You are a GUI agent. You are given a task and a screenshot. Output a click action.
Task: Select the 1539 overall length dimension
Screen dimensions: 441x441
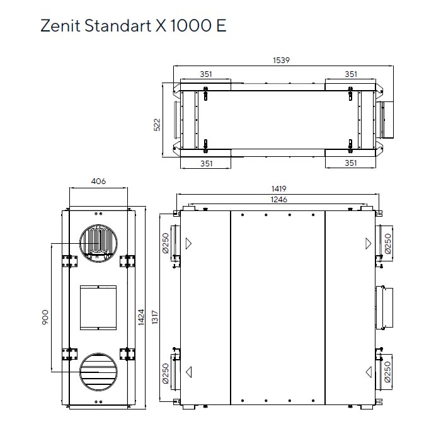point(281,60)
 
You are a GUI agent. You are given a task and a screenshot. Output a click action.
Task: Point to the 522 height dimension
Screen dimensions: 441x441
point(158,124)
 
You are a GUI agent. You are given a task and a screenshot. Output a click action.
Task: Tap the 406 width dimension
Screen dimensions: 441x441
point(98,181)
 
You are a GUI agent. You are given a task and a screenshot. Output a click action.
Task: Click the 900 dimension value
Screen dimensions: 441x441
point(45,317)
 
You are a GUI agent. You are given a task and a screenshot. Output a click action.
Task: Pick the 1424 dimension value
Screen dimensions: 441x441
point(141,316)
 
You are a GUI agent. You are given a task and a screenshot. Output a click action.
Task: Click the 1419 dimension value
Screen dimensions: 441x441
point(280,188)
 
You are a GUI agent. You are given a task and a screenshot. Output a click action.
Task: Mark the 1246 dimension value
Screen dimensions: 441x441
point(278,199)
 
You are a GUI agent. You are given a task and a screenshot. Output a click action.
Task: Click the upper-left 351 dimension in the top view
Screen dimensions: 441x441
point(206,74)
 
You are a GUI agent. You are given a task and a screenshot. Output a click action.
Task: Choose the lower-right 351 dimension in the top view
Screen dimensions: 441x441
point(351,163)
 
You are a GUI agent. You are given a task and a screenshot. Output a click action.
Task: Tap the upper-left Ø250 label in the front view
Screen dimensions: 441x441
point(165,243)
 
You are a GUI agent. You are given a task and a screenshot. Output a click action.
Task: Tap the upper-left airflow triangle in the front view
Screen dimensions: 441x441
point(189,243)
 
